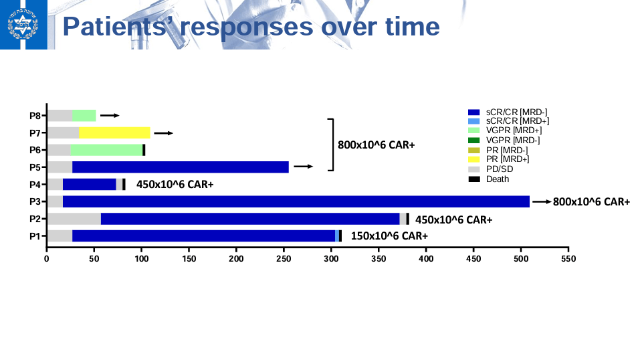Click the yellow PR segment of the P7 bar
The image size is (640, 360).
[x=114, y=132]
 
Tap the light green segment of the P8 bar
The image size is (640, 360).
[x=84, y=115]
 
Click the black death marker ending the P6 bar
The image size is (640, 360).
[x=144, y=150]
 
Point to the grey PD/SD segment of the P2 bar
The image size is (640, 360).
[x=74, y=219]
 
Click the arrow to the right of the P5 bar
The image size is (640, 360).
[x=303, y=167]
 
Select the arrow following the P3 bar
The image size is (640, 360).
[x=542, y=201]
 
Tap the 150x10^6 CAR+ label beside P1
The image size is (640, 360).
[x=389, y=236]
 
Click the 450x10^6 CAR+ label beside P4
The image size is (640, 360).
[x=175, y=184]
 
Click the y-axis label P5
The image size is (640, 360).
[x=35, y=167]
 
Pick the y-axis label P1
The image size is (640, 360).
[x=35, y=236]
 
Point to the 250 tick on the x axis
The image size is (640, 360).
[x=284, y=258]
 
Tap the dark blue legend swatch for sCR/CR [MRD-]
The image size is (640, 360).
[x=474, y=112]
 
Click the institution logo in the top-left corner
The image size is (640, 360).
[x=23, y=25]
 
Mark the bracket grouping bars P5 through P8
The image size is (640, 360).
[x=330, y=145]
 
